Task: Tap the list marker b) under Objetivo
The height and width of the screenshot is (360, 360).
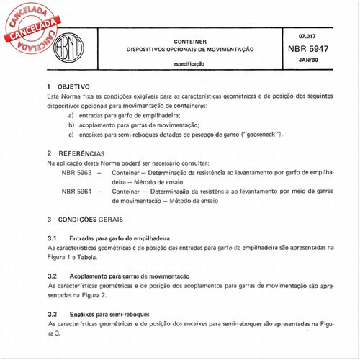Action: (71, 125)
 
